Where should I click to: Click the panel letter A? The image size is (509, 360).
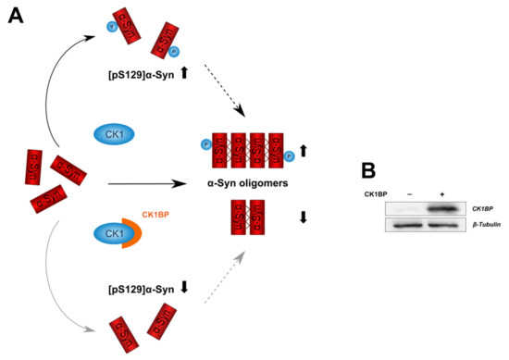pyautogui.click(x=16, y=18)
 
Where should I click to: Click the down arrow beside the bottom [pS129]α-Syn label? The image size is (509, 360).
pyautogui.click(x=184, y=287)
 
